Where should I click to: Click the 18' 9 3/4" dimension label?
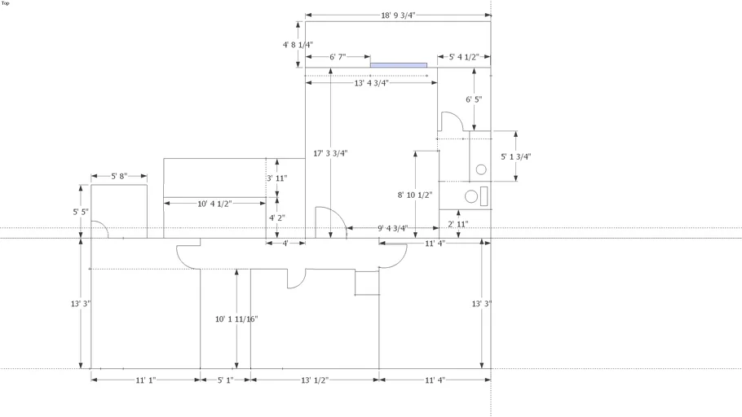tap(398, 15)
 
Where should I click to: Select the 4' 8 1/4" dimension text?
tap(298, 45)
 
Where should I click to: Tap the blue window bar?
tap(399, 64)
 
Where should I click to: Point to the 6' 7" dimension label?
tap(338, 57)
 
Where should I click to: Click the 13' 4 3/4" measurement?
tap(371, 83)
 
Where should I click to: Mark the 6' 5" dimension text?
tap(474, 99)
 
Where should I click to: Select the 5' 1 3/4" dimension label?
tap(515, 156)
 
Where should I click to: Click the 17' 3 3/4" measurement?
tap(330, 153)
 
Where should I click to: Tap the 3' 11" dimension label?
tap(276, 178)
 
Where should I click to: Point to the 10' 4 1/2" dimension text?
tap(215, 203)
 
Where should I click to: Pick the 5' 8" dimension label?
tap(119, 177)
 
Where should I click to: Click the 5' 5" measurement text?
tap(81, 212)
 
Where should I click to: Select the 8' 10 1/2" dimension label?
tap(415, 195)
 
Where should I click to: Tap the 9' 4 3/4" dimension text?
tap(393, 228)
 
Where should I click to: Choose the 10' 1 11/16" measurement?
tap(236, 319)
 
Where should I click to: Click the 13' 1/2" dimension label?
tap(315, 380)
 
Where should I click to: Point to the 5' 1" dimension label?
tap(225, 380)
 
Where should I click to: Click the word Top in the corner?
tap(6, 3)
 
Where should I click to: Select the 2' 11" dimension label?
tap(458, 224)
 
